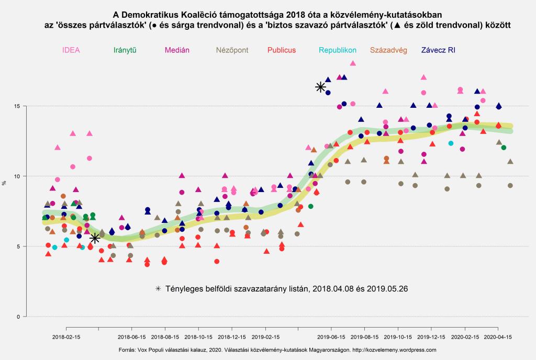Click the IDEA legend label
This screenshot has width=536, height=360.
[71, 50]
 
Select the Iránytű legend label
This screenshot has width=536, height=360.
[125, 50]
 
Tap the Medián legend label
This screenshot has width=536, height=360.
[177, 50]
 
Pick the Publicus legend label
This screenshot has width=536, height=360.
[282, 50]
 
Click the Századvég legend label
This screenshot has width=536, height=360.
[388, 50]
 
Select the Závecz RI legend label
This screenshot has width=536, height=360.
[439, 50]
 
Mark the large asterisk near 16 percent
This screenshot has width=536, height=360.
[321, 87]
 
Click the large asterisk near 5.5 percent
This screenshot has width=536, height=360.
[95, 239]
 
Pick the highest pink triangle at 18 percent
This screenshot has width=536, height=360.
[353, 63]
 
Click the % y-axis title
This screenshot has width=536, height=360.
[5, 183]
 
